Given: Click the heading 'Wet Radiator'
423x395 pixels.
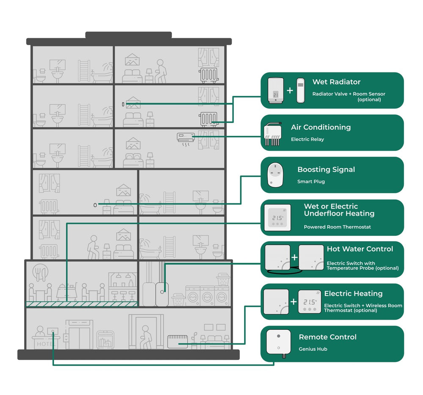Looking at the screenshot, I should [x=336, y=82].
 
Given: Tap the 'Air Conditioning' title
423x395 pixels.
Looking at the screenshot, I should [x=321, y=127].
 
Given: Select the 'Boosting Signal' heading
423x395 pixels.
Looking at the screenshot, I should [x=326, y=169].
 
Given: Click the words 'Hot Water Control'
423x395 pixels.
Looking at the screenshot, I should [x=360, y=249].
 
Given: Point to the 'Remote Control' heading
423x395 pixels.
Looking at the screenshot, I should [x=327, y=337].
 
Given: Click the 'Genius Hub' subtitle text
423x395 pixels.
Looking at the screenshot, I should [x=313, y=349].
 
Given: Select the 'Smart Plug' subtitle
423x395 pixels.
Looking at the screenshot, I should [x=311, y=182].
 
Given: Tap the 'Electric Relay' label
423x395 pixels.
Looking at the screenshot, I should [x=308, y=139].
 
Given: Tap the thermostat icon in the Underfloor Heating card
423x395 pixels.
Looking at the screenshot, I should [x=277, y=218].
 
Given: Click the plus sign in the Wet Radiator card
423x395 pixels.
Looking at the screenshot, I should [x=290, y=90].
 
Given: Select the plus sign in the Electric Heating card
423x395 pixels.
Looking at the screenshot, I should [x=294, y=301].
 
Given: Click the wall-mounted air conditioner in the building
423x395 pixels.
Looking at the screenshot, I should [x=186, y=137].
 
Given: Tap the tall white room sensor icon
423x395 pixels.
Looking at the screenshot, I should [x=300, y=90].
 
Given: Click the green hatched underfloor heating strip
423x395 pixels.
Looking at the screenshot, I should [x=82, y=304].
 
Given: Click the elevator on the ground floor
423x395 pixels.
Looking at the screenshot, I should [x=79, y=334].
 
